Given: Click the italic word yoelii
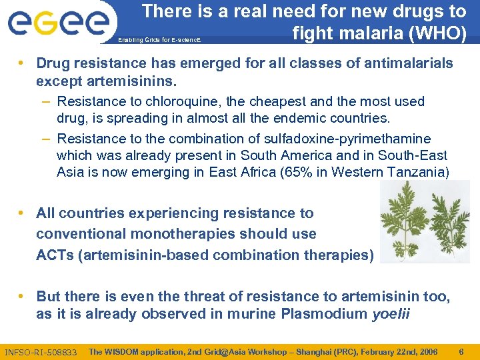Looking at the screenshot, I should pyautogui.click(x=391, y=314).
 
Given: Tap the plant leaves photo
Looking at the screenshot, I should pyautogui.click(x=425, y=222).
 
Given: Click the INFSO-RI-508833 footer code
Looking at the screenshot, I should pyautogui.click(x=41, y=351).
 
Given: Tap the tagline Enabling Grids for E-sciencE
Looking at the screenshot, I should pyautogui.click(x=159, y=41).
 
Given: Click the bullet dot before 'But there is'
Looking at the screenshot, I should pyautogui.click(x=23, y=295).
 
